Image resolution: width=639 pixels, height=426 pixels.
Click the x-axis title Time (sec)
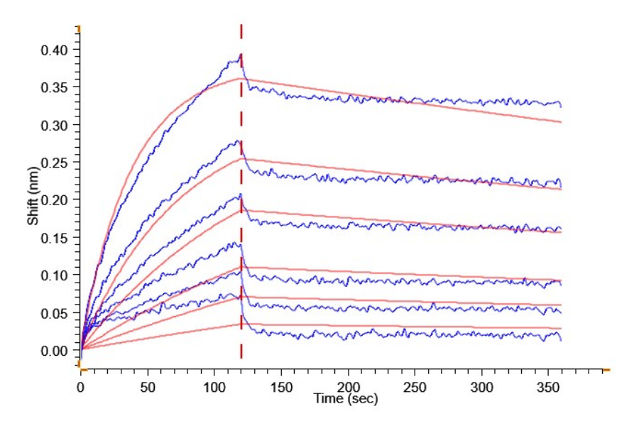pos(346,399)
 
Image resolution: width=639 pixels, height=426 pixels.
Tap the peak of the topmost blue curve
pos(241,55)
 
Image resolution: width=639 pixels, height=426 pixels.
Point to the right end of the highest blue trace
pos(561,106)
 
